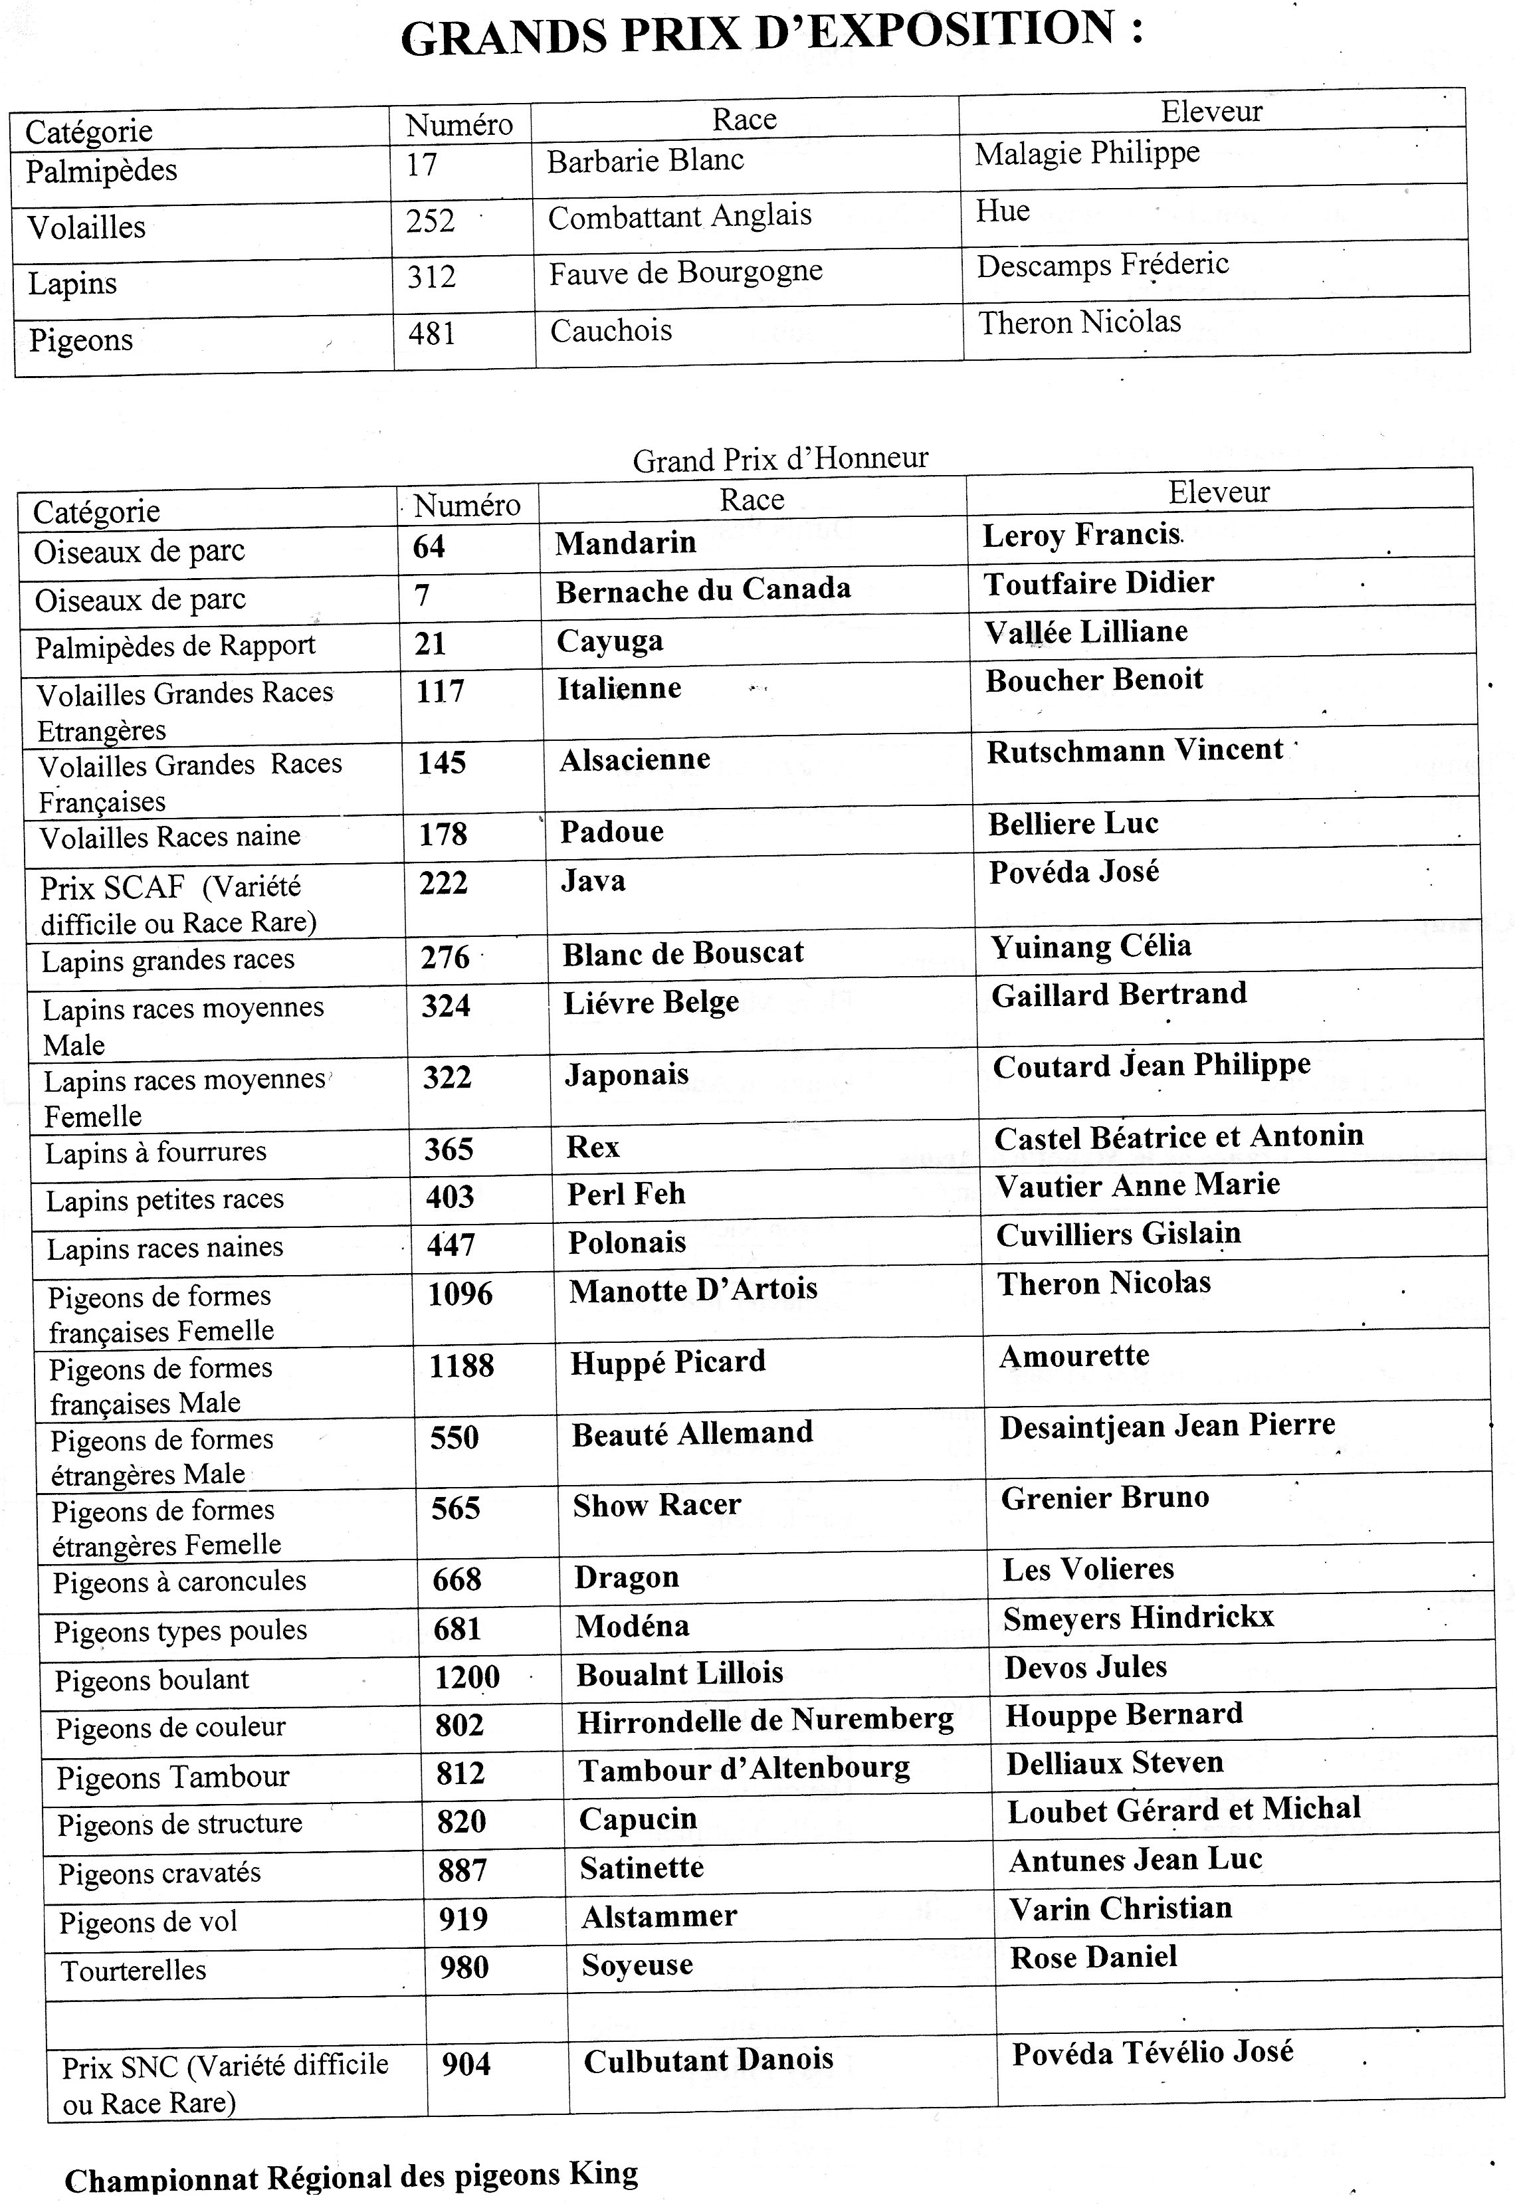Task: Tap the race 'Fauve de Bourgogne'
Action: pyautogui.click(x=685, y=273)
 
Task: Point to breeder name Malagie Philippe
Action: pyautogui.click(x=1087, y=153)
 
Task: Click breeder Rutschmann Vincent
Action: pyautogui.click(x=1134, y=751)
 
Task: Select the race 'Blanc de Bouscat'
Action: pyautogui.click(x=682, y=953)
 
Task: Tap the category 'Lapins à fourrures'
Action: pyautogui.click(x=155, y=1152)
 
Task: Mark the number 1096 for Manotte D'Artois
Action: pyautogui.click(x=460, y=1294)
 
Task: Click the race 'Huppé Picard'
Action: pyautogui.click(x=667, y=1362)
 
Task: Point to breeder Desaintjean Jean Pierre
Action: pyautogui.click(x=1167, y=1426)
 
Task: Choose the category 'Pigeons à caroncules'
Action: pyautogui.click(x=179, y=1582)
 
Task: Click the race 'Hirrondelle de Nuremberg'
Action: pyautogui.click(x=765, y=1720)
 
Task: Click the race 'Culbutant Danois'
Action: pyautogui.click(x=708, y=2060)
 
